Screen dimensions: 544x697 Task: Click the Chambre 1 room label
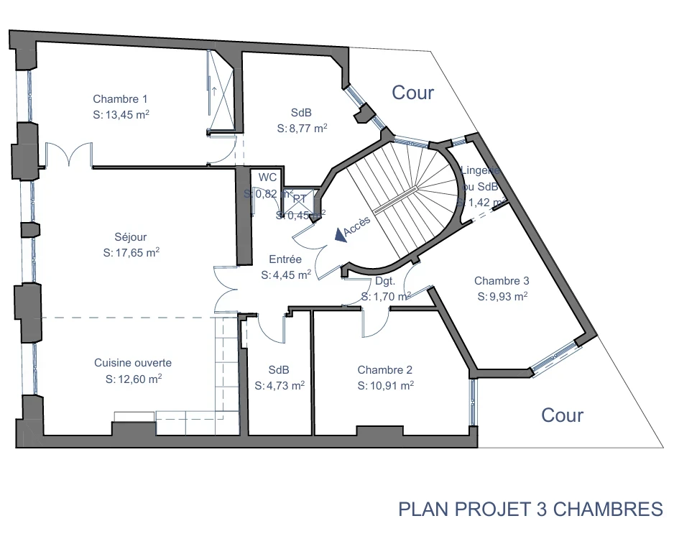pyautogui.click(x=120, y=99)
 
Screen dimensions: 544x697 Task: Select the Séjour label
pyautogui.click(x=130, y=237)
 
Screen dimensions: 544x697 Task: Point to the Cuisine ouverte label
pyautogui.click(x=133, y=363)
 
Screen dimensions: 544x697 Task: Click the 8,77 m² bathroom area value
pyautogui.click(x=302, y=129)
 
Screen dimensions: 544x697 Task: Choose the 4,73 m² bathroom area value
pyautogui.click(x=280, y=386)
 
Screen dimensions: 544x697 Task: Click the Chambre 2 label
pyautogui.click(x=385, y=370)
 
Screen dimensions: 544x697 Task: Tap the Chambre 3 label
pyautogui.click(x=502, y=281)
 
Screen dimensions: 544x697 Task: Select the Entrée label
pyautogui.click(x=285, y=259)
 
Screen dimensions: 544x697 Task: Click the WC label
pyautogui.click(x=267, y=178)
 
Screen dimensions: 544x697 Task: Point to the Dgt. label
pyautogui.click(x=386, y=282)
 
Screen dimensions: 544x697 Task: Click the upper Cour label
pyautogui.click(x=412, y=93)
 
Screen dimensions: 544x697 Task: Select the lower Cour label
pyautogui.click(x=562, y=415)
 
